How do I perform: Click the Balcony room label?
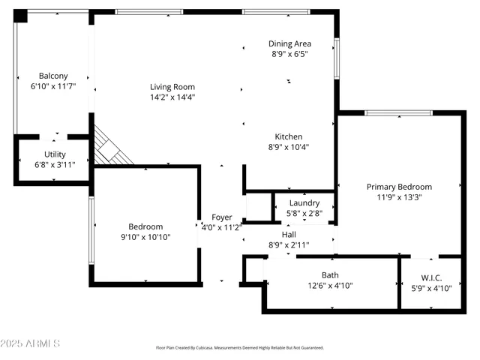(53, 76)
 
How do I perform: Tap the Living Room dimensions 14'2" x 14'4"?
(172, 97)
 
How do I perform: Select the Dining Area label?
(289, 43)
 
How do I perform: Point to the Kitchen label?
(288, 136)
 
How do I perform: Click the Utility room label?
(55, 154)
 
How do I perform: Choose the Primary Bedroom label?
(399, 187)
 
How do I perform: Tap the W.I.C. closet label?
(431, 277)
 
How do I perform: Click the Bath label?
(330, 274)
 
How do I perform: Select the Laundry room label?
(304, 202)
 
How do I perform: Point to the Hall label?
(288, 234)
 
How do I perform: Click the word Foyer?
(221, 217)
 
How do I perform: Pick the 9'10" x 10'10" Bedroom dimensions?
(145, 237)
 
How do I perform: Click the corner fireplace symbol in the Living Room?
(111, 147)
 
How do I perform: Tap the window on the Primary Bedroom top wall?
(398, 113)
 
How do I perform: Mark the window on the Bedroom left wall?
(91, 225)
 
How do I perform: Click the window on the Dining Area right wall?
(337, 59)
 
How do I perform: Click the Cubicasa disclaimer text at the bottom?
(239, 348)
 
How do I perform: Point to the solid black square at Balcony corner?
(20, 16)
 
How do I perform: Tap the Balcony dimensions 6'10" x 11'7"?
(53, 87)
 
